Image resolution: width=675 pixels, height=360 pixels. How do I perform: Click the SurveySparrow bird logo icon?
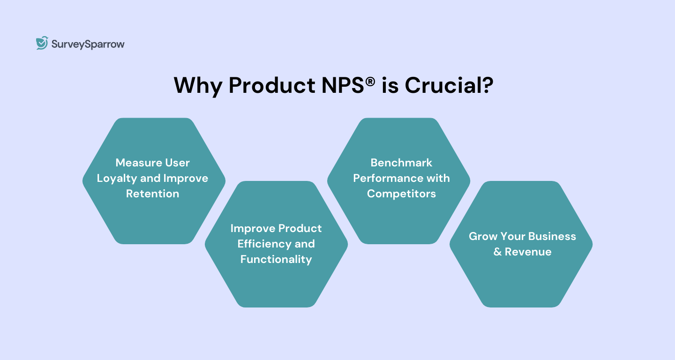tap(42, 43)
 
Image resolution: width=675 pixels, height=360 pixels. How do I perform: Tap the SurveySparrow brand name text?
tap(88, 44)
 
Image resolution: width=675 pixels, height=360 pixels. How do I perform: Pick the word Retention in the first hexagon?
tap(153, 194)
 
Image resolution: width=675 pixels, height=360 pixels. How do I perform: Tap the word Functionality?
tap(276, 259)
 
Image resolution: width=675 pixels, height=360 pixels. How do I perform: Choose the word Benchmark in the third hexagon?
tap(401, 163)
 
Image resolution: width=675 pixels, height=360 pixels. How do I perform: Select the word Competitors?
tap(401, 194)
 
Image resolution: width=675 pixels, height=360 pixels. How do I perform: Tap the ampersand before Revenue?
tap(497, 252)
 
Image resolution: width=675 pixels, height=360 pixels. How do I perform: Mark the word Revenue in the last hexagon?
tap(528, 252)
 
